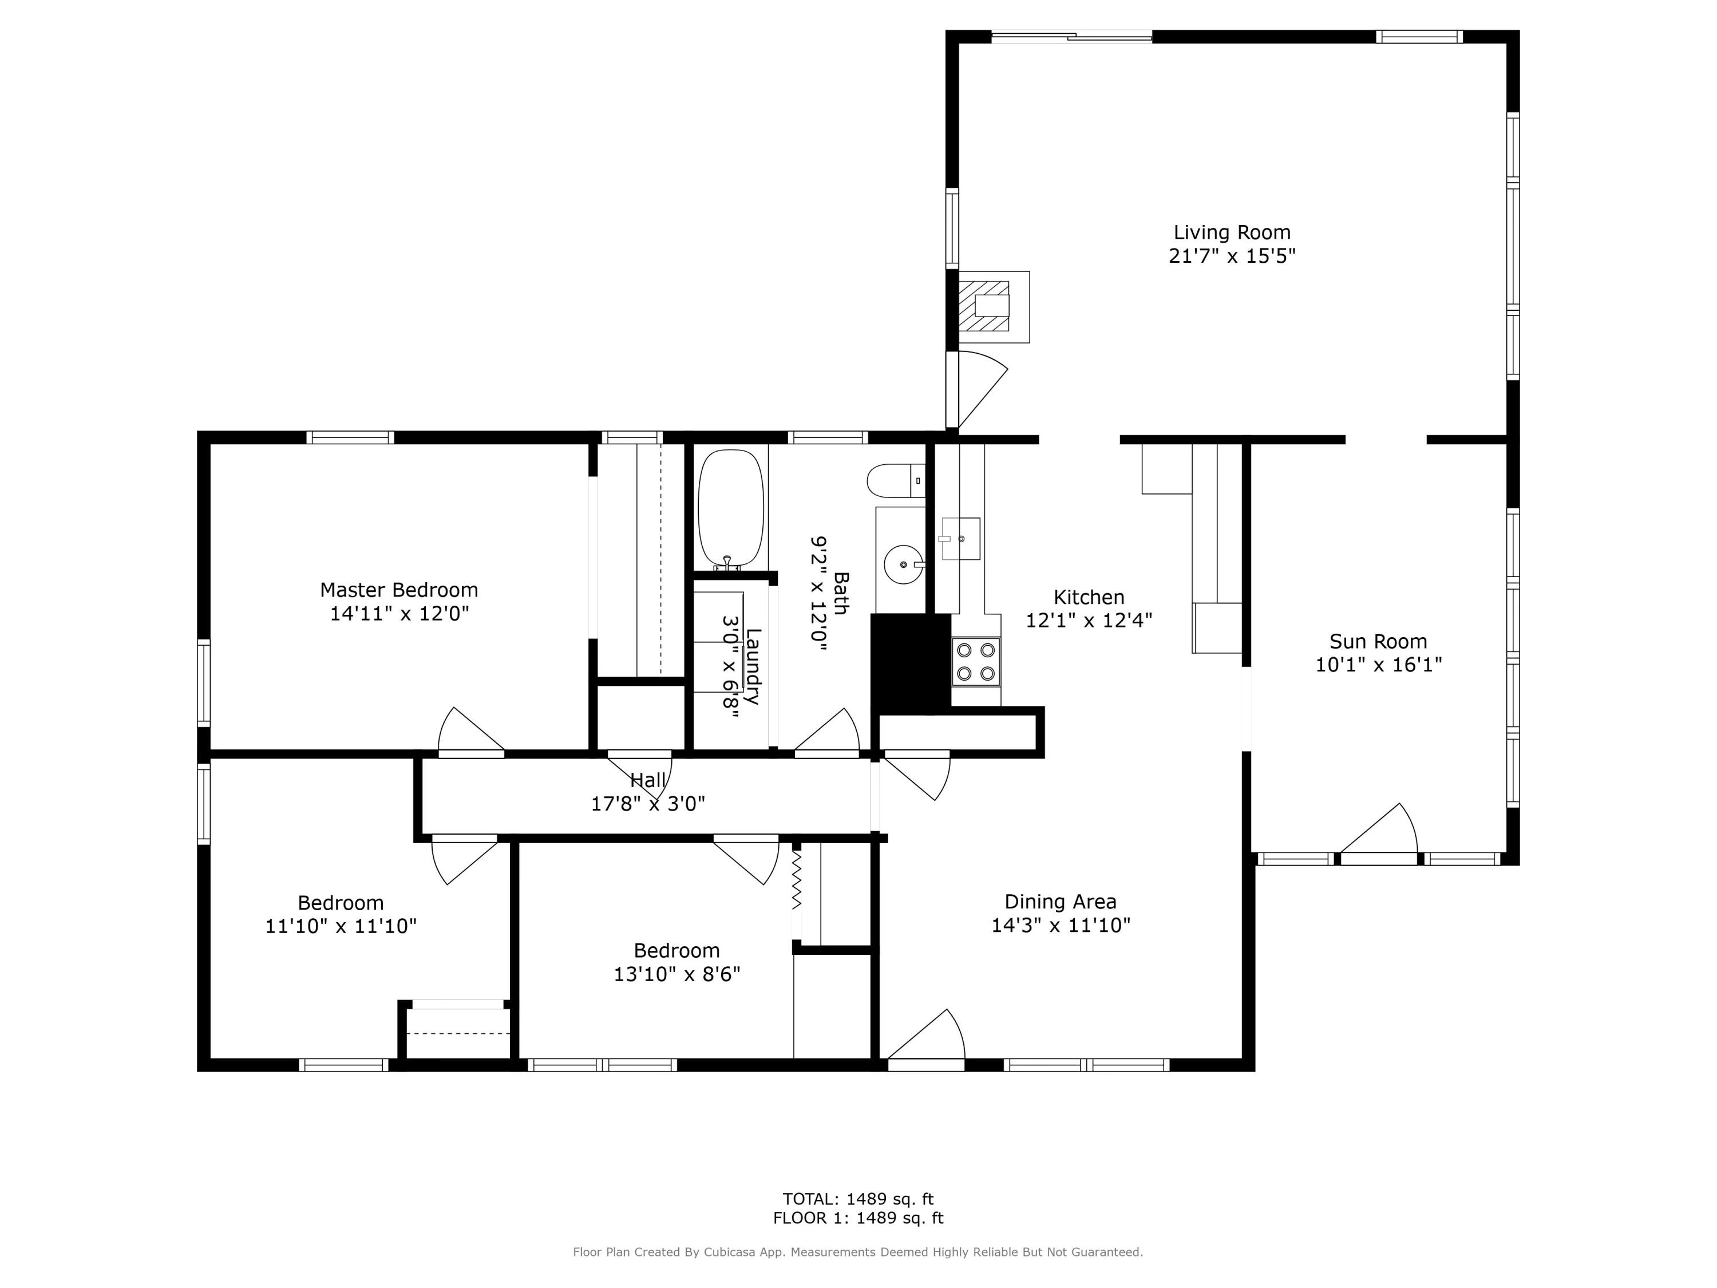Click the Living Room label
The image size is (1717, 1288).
[x=1231, y=232]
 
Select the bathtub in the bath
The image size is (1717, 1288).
[x=730, y=508]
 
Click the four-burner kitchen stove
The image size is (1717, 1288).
[x=976, y=662]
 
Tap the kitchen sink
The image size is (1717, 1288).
[x=960, y=538]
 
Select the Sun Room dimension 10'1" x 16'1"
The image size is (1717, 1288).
[x=1378, y=665]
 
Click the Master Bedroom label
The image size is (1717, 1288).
[x=399, y=590]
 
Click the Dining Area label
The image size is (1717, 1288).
[x=1061, y=902]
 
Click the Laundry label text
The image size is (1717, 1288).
[x=752, y=666]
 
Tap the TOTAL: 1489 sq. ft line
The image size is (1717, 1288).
[x=858, y=1199]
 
